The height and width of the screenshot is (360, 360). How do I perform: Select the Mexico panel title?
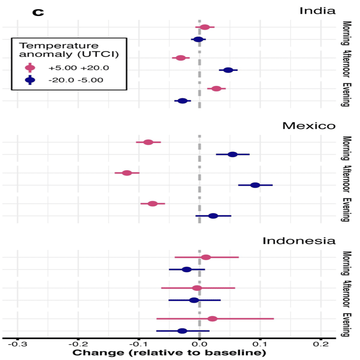click(309, 125)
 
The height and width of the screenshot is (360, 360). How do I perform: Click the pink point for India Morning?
click(205, 27)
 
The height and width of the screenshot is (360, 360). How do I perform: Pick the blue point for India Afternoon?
click(228, 70)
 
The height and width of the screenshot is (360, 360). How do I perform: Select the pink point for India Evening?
click(216, 89)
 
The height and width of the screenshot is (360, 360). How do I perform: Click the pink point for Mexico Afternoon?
click(127, 173)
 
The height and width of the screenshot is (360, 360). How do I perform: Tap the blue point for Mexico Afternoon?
click(255, 185)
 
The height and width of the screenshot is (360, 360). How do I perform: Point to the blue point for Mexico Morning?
click(233, 154)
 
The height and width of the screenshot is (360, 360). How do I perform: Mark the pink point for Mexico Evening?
click(153, 204)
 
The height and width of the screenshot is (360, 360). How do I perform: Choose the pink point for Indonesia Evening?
click(212, 319)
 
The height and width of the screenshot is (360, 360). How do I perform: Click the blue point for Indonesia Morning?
click(187, 269)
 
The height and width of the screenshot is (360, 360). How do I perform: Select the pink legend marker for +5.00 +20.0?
click(30, 68)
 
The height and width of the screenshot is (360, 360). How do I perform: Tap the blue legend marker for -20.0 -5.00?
click(30, 80)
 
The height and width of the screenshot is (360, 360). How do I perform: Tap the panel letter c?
click(38, 12)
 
